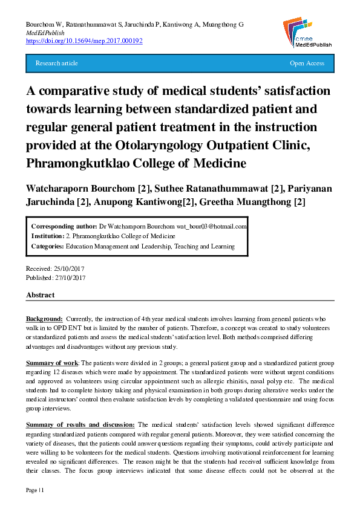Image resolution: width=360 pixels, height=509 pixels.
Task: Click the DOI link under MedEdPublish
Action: point(83,41)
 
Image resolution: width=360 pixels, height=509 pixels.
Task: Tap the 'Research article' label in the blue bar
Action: point(57,63)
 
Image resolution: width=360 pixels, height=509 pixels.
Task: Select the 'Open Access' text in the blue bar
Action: point(307,63)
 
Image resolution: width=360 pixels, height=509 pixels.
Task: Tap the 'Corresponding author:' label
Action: point(63,226)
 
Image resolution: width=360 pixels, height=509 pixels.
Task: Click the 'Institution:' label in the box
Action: point(48,236)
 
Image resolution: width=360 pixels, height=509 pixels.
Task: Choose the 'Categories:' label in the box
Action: point(47,246)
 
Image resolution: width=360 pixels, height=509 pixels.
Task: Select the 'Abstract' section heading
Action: point(40,295)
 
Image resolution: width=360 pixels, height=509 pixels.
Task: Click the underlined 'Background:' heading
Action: point(44,318)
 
